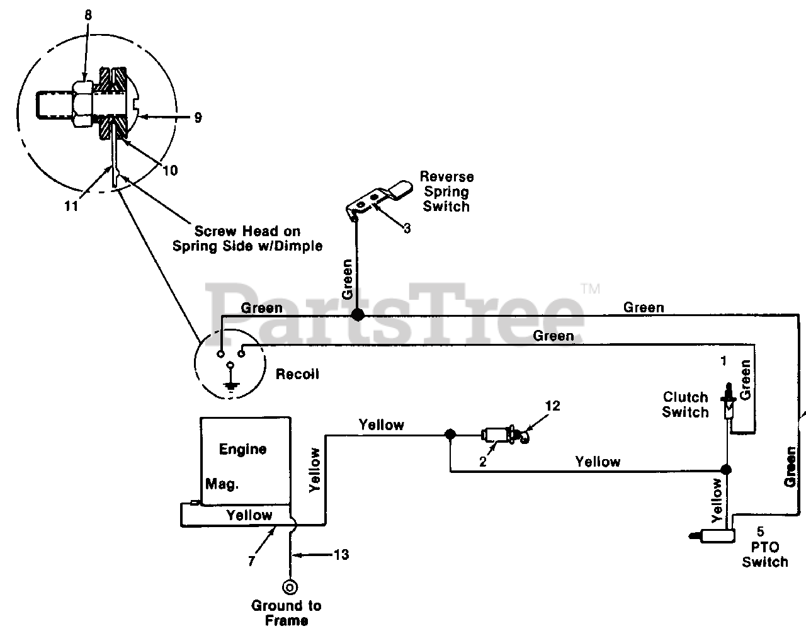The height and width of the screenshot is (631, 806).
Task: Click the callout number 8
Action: [x=88, y=15]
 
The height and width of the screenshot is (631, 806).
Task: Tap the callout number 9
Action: [x=198, y=118]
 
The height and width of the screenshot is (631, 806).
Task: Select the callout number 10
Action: [x=171, y=171]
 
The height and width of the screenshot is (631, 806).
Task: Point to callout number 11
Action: [x=72, y=206]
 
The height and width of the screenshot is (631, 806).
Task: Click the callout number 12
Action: [x=553, y=406]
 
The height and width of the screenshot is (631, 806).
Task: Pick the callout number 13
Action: [x=342, y=555]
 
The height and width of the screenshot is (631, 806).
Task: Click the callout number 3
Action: [x=407, y=229]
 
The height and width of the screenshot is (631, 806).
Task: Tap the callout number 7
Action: [x=252, y=561]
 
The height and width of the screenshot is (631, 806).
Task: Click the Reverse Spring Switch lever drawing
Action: [x=379, y=200]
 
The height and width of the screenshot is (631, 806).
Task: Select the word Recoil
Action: [x=297, y=374]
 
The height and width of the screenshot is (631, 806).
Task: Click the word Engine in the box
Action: [x=243, y=449]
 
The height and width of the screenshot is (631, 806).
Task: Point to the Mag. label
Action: [x=222, y=484]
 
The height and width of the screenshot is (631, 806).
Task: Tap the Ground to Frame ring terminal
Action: [x=290, y=588]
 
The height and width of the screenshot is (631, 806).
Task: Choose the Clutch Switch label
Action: [x=686, y=405]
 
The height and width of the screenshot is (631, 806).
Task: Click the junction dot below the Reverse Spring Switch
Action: [x=358, y=315]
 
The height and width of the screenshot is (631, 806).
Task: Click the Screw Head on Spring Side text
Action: [x=247, y=239]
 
